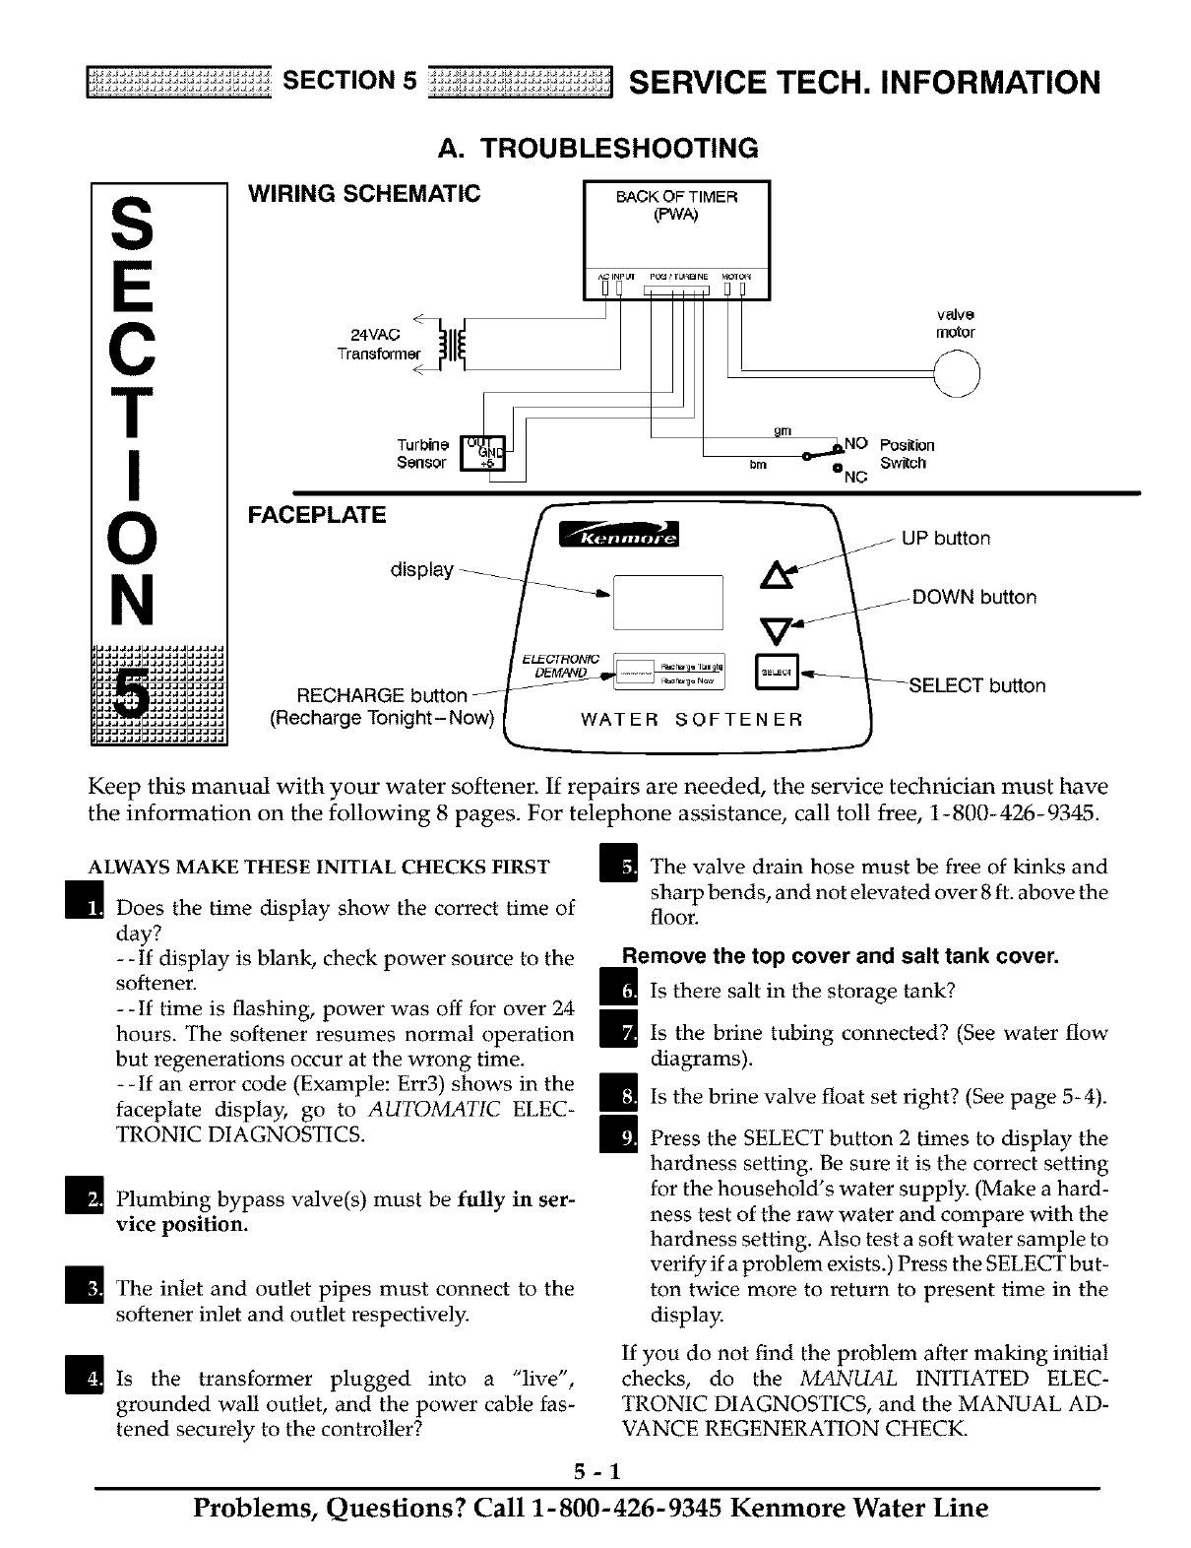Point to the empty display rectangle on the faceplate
click(667, 602)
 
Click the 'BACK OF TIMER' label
click(676, 196)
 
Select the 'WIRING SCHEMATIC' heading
click(363, 193)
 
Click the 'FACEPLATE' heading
click(316, 515)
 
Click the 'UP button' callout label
click(946, 539)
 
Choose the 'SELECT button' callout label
click(976, 685)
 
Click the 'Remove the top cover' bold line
click(840, 956)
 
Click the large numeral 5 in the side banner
click(134, 686)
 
